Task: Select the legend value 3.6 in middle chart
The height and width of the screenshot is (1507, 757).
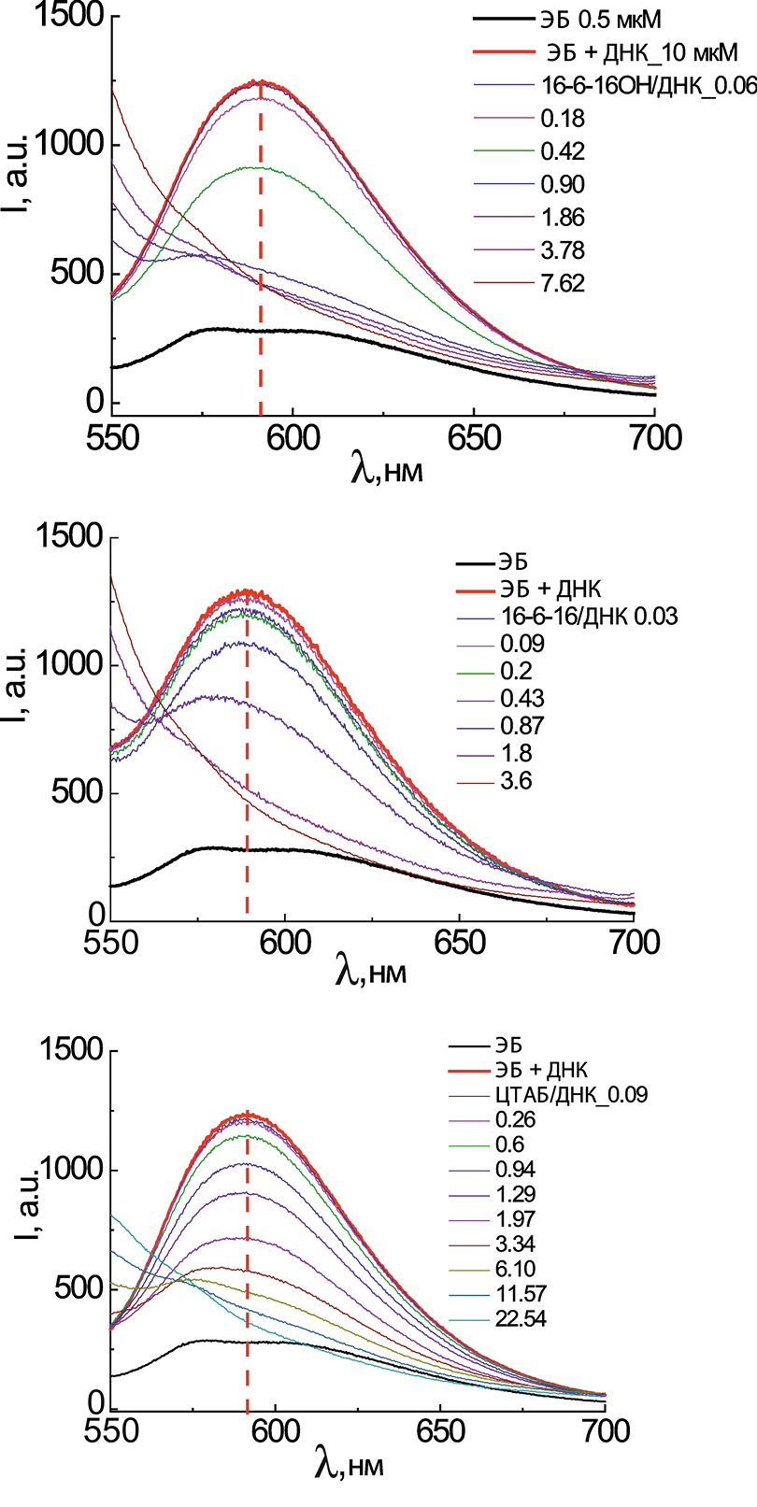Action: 516,781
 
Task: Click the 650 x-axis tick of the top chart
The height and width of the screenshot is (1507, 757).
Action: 474,438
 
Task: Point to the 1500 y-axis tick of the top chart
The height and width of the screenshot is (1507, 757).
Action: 69,18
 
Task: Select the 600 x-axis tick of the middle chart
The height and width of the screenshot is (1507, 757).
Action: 284,943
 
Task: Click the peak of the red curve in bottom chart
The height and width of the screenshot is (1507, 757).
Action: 247,1114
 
